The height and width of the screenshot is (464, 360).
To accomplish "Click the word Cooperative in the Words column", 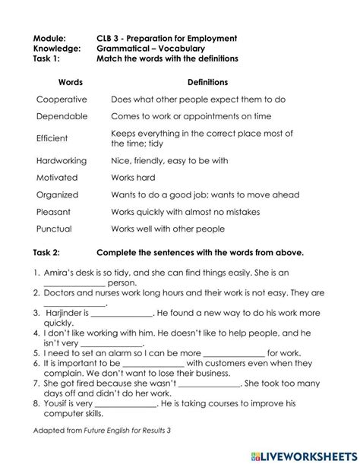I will [x=62, y=99].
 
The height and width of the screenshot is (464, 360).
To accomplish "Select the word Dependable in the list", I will [x=62, y=118].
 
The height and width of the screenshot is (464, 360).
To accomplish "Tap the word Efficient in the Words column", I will [x=52, y=138].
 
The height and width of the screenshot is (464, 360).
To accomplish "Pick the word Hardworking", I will [x=62, y=161].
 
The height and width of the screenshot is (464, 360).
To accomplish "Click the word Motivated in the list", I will [x=57, y=178].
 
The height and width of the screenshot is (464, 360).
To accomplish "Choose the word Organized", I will [x=58, y=194].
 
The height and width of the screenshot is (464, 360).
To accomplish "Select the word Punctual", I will [x=55, y=229].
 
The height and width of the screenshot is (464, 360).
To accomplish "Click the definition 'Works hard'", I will [x=134, y=178].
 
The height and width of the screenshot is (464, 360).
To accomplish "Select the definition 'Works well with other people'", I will [x=168, y=229].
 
